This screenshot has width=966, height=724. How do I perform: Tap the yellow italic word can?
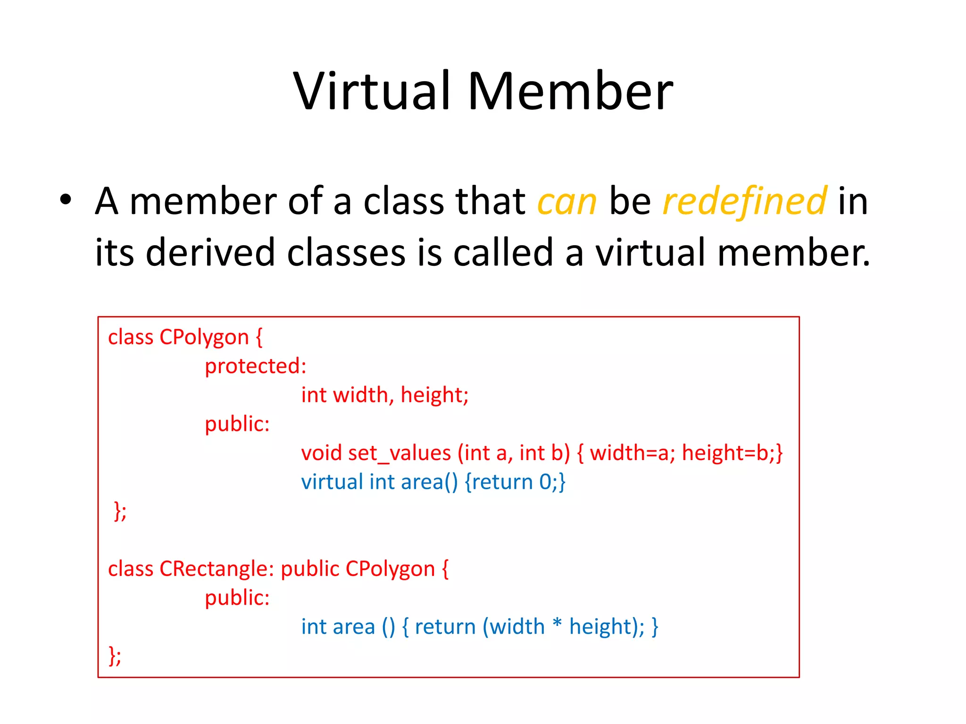tap(567, 202)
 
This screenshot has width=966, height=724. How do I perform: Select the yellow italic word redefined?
tap(744, 202)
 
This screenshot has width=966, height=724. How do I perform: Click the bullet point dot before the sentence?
tap(66, 200)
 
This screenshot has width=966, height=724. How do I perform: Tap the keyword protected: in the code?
tap(256, 366)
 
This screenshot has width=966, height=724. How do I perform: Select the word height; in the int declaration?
tap(434, 395)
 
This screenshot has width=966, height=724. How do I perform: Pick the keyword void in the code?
tap(322, 453)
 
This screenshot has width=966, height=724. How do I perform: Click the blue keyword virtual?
tap(332, 482)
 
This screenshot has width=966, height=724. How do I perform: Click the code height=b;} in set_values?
tap(732, 453)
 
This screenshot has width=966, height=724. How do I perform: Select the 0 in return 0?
tap(545, 482)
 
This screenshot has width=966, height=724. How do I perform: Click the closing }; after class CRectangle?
tap(115, 655)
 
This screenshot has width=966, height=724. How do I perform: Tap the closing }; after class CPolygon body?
tap(120, 511)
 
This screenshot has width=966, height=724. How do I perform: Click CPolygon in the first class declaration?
tap(204, 337)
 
